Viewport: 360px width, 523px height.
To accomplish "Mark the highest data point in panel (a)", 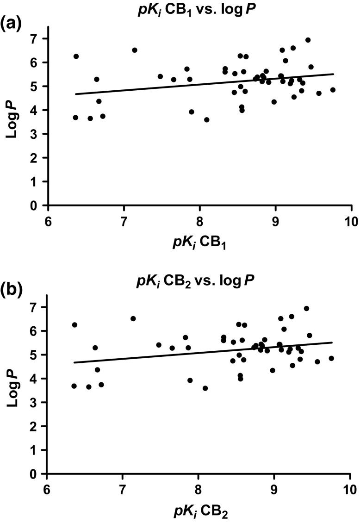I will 308,40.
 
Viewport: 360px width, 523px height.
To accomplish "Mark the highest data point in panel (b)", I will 306,308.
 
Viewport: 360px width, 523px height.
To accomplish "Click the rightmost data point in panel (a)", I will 333,90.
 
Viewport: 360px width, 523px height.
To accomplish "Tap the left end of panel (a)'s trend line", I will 75,94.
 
